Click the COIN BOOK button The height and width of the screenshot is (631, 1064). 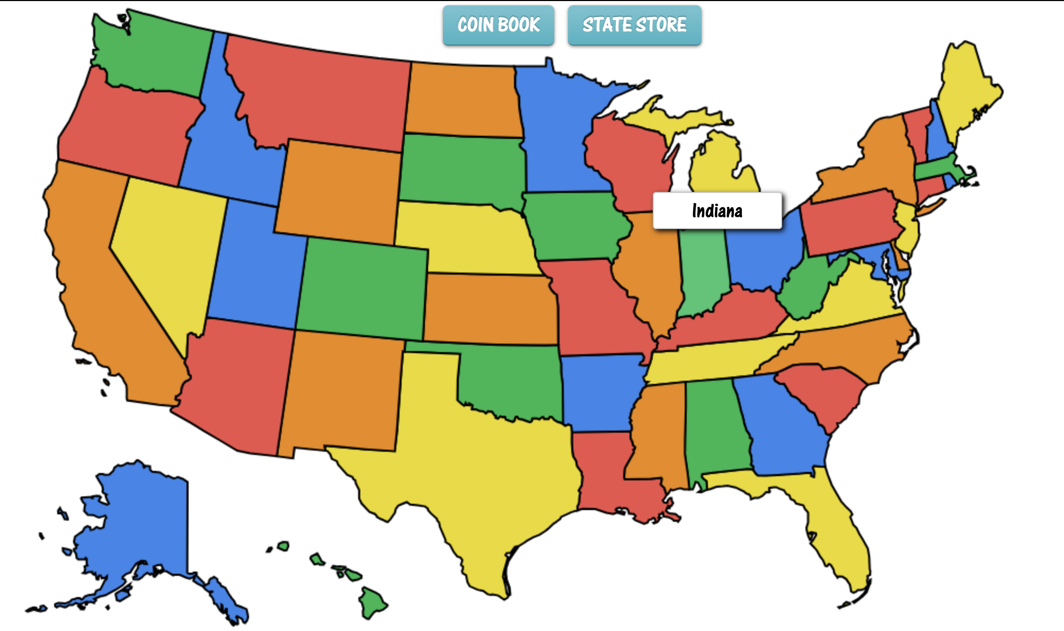(x=498, y=25)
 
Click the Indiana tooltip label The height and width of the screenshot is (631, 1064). (x=717, y=211)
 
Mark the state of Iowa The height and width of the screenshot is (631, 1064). (x=575, y=225)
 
